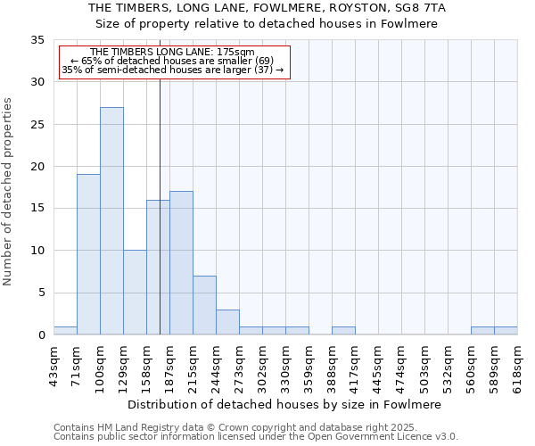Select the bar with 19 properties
click(x=88, y=254)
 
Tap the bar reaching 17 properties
click(x=181, y=263)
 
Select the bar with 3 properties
click(x=227, y=322)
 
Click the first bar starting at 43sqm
click(x=65, y=330)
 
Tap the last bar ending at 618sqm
click(x=506, y=330)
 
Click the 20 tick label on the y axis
click(x=37, y=167)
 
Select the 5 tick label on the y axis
click(x=41, y=293)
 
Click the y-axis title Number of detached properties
click(x=8, y=192)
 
